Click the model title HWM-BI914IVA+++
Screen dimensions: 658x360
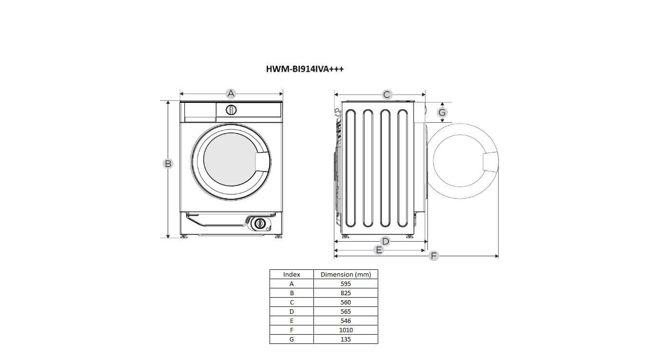click(x=305, y=69)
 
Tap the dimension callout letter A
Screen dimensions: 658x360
click(x=231, y=94)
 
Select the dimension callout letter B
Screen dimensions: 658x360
click(x=168, y=164)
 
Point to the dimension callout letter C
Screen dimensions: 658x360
click(x=387, y=95)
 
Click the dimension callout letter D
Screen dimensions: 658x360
click(x=386, y=241)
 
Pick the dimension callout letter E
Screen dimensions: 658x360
click(x=379, y=250)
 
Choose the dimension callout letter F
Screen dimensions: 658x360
click(x=434, y=256)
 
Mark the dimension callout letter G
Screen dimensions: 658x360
click(x=442, y=113)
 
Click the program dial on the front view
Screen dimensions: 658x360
click(x=231, y=110)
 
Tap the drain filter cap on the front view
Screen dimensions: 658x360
click(x=260, y=224)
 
